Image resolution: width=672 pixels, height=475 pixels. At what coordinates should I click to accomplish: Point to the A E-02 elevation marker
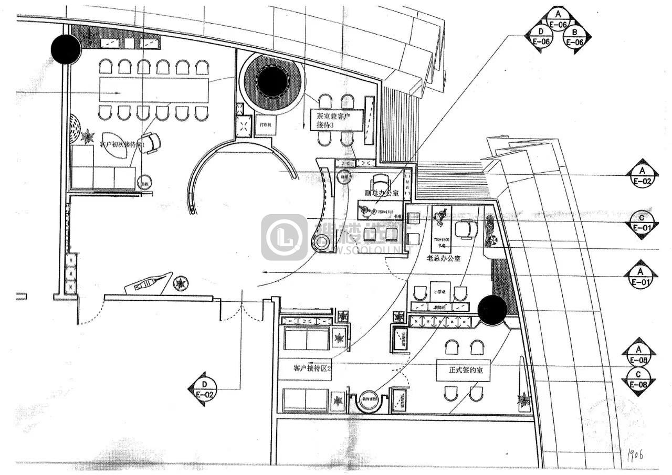click(x=642, y=175)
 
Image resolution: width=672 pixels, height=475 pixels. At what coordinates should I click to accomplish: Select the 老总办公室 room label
click(x=443, y=258)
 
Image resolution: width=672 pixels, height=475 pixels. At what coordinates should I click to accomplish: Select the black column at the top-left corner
click(x=66, y=49)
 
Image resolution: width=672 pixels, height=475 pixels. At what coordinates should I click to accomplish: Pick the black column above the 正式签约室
click(x=492, y=310)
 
